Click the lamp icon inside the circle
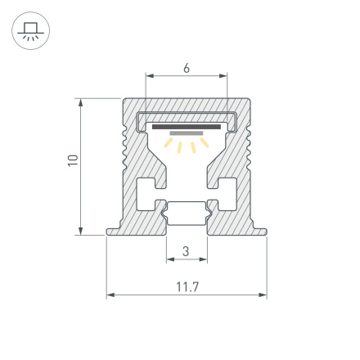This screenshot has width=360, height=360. coord(30,31)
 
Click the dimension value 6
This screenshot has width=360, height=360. coord(187,69)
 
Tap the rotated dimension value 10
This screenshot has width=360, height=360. coord(72,161)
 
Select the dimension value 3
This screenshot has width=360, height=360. coord(186,251)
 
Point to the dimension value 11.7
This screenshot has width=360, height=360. coord(187,286)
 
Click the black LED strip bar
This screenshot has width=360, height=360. coord(187,127)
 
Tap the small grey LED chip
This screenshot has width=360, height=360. coord(187,133)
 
